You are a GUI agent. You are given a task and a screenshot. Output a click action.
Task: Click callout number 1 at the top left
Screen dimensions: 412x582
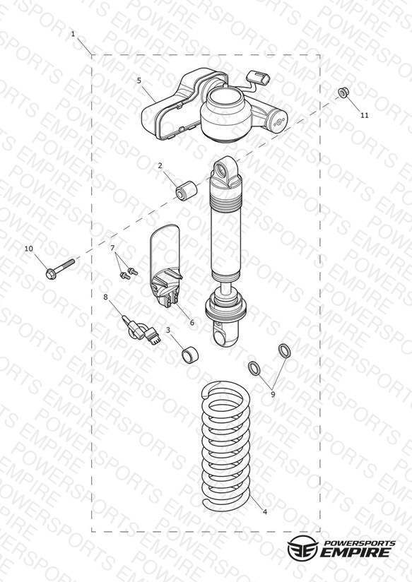coord(73,34)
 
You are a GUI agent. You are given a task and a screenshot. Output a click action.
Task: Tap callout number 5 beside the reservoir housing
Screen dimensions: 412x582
coord(139,81)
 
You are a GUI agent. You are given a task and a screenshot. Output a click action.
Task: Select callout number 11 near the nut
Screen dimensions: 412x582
coord(365,115)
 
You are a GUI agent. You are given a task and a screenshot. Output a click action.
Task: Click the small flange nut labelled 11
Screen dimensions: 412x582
coord(343,93)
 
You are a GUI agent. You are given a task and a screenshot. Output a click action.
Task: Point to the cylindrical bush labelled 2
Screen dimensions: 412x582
coord(186,190)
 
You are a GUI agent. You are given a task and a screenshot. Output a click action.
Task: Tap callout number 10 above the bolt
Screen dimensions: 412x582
coord(28,249)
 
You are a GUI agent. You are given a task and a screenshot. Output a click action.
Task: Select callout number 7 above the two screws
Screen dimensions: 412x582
coord(112,248)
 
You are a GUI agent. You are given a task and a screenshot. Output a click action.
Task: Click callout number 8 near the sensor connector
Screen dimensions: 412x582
coord(105,297)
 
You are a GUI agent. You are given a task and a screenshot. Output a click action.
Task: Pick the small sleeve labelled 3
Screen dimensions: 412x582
coord(190,355)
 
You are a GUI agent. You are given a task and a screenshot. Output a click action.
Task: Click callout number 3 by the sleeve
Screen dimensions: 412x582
coord(168,330)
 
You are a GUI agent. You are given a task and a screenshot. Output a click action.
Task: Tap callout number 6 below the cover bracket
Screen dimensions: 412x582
coord(192,323)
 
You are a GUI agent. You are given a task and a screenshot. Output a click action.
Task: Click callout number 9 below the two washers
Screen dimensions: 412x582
coord(273,395)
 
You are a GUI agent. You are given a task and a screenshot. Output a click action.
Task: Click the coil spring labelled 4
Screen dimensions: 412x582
coord(225,446)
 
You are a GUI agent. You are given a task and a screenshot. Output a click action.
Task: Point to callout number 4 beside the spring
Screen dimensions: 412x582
coord(264,512)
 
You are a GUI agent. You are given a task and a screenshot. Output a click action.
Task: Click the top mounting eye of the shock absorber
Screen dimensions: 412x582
coord(225,171)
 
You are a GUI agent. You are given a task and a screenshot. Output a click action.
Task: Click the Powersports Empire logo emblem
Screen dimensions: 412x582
coord(302,548)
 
